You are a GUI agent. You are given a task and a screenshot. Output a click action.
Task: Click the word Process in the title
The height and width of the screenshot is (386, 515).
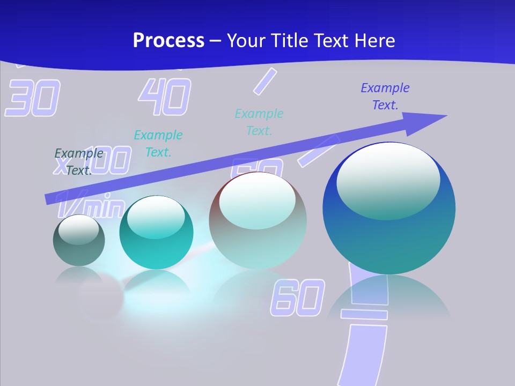[168, 40]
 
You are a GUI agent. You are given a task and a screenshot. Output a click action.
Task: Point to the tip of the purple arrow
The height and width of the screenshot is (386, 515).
[445, 116]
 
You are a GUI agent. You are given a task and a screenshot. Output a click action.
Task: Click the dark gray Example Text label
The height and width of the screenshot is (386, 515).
[79, 161]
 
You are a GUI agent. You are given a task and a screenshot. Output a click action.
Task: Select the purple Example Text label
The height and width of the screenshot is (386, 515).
[385, 96]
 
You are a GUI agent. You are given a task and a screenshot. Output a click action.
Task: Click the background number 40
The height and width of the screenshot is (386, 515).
[165, 97]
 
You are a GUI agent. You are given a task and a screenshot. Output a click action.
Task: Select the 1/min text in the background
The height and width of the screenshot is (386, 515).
[91, 205]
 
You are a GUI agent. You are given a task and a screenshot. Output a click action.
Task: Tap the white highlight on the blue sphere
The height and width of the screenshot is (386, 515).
[388, 181]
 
